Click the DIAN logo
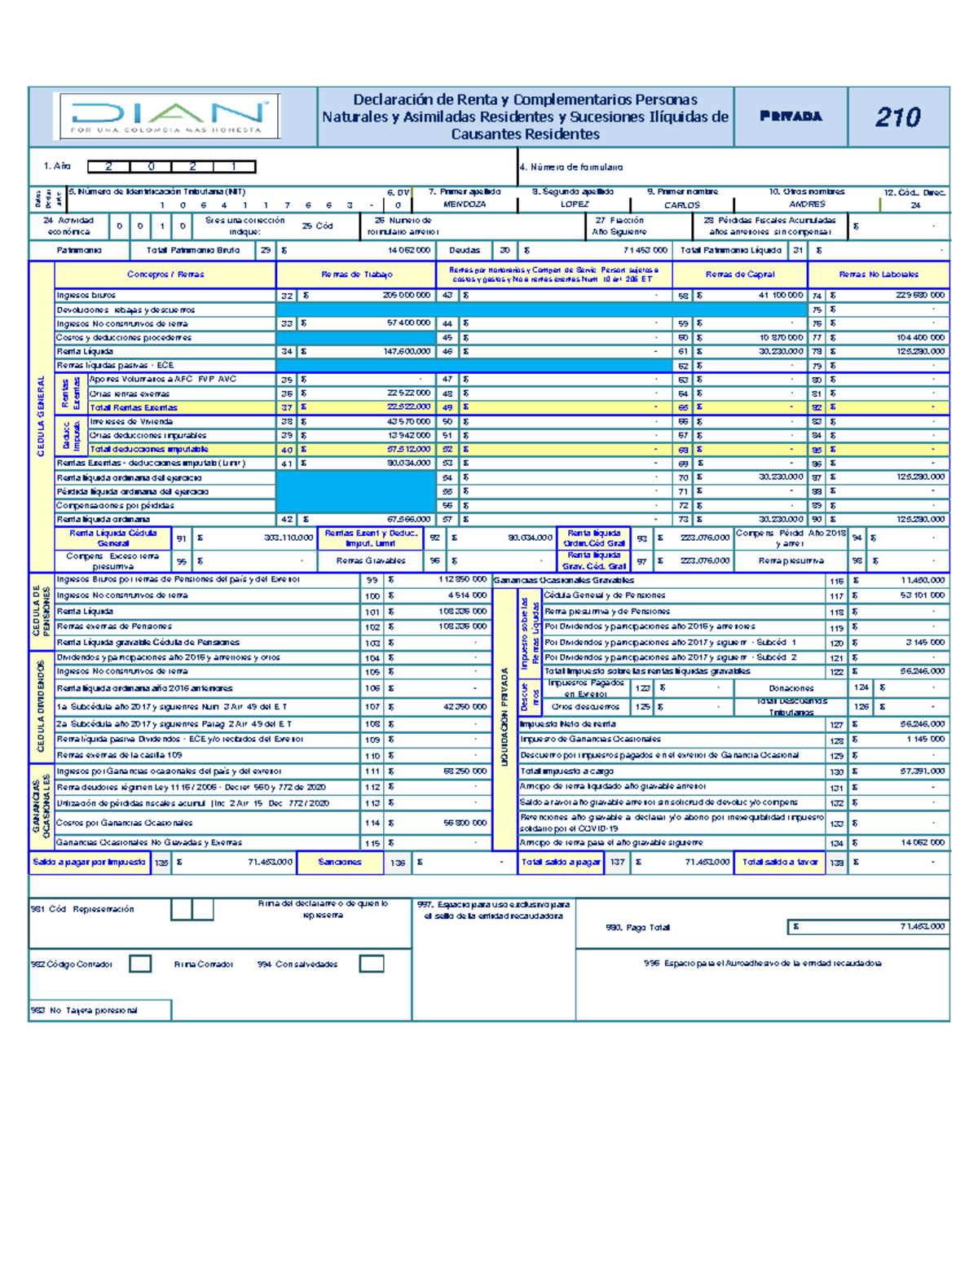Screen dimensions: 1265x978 pos(167,116)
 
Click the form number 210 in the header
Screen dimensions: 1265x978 pos(898,117)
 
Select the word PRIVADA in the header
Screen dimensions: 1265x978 pos(791,116)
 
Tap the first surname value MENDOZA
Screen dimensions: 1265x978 pos(465,204)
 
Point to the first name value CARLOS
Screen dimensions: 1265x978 pos(682,205)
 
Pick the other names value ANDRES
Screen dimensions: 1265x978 pos(807,204)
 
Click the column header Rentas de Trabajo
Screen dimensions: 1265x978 pos(357,275)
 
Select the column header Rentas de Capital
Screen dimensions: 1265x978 pos(740,275)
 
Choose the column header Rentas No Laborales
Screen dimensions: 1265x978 pos(879,275)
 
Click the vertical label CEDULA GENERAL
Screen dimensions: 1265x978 pos(41,415)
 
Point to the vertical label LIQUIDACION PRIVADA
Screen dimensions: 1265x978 pos(505,717)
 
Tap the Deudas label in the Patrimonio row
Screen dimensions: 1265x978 pos(465,251)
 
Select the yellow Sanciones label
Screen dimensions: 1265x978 pos(339,862)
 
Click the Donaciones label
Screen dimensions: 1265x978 pos(791,688)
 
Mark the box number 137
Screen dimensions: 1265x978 pos(617,863)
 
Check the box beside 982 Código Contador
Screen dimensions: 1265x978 pos(140,964)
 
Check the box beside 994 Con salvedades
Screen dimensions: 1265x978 pos(372,964)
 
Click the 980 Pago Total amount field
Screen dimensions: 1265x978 pos(868,927)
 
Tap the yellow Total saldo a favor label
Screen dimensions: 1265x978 pos(780,862)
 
